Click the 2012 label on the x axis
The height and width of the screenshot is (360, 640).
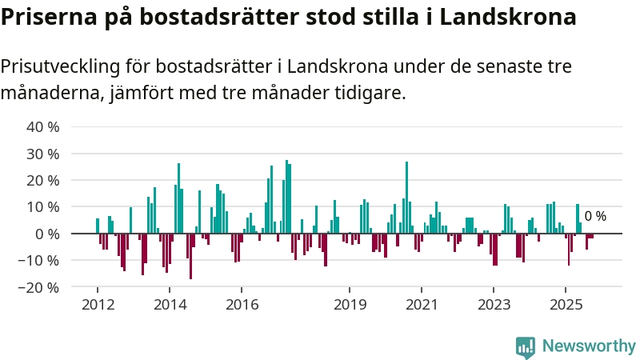pos(98,304)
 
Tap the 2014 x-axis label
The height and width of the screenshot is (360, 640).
pos(170,304)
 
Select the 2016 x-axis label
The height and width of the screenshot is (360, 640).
pos(242,304)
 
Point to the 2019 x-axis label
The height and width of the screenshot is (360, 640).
pos(350,304)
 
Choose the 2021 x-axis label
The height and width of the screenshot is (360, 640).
pos(422,304)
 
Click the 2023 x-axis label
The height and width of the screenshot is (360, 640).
pos(494,304)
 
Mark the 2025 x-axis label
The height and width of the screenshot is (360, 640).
pos(566,304)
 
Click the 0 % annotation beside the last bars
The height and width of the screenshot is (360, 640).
pos(595,216)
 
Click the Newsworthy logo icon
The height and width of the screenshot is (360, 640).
pos(526,346)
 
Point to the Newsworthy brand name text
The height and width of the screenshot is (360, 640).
pos(589,346)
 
